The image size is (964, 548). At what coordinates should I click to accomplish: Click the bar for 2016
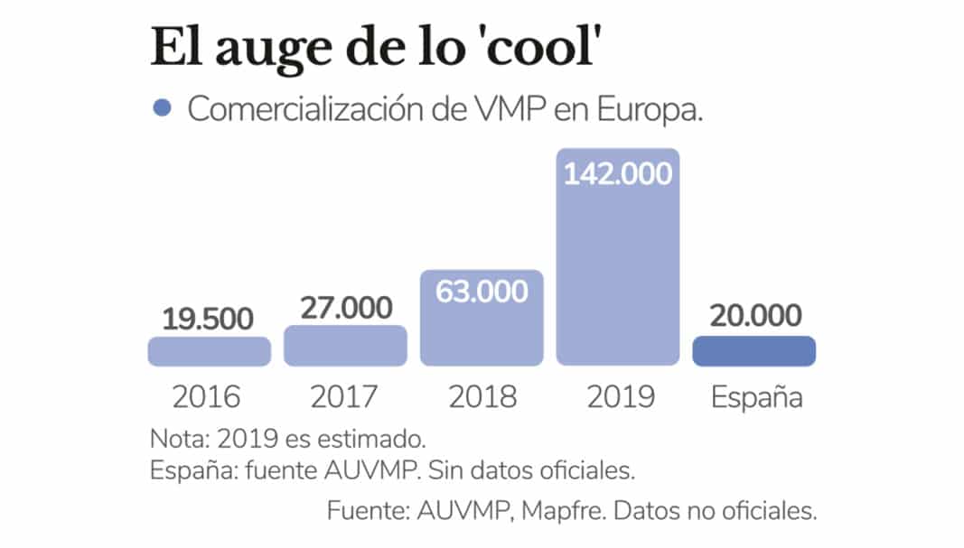coord(209,351)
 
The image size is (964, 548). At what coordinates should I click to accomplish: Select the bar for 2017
coord(345,346)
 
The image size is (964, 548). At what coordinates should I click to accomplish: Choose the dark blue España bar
coord(753,351)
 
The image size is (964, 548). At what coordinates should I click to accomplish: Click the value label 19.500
coord(209,319)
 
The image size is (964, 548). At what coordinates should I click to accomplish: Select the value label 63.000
coord(482,293)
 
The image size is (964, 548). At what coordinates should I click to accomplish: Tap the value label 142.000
coord(618,172)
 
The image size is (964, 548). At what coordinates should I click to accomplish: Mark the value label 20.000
coord(755,316)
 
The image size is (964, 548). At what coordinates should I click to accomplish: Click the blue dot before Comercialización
coord(163,108)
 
